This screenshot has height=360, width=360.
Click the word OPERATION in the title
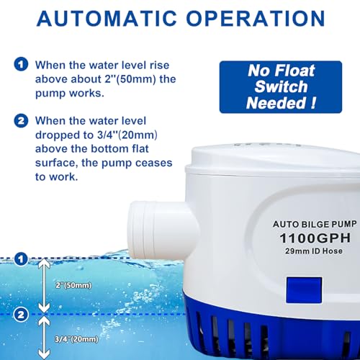257,17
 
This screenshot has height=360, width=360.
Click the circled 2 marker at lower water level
22,314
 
